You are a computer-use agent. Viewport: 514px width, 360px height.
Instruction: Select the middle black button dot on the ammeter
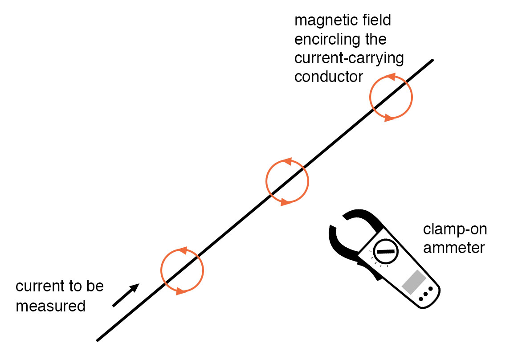point(426,294)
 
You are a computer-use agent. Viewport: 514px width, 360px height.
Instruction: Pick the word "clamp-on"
point(455,229)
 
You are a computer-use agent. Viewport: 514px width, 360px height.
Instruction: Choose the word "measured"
point(50,306)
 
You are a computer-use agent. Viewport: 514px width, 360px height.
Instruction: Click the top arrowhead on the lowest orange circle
point(181,250)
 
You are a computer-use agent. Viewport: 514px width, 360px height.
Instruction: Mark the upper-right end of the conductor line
point(432,61)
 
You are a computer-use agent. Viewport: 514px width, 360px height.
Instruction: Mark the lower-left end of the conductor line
point(98,340)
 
